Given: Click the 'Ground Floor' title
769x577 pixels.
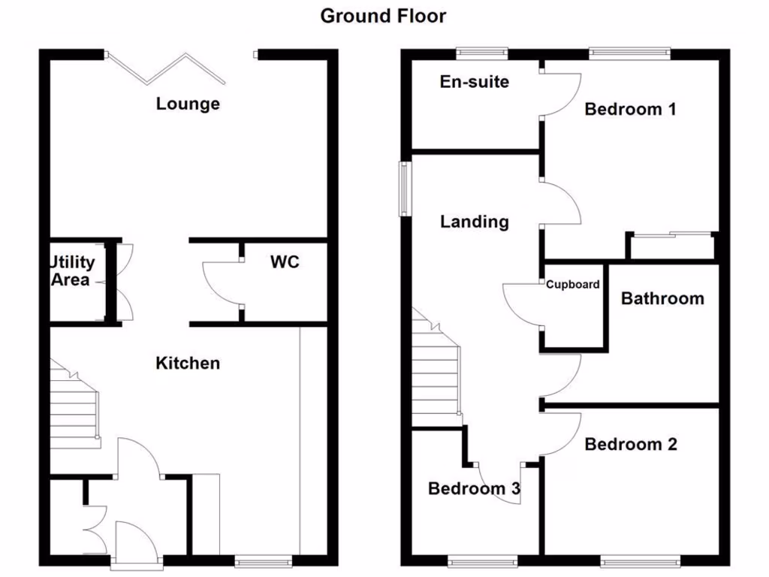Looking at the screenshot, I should [x=383, y=16].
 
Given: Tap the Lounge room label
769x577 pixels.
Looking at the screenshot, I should [x=188, y=104].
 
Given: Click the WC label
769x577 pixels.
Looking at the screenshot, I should [x=285, y=262].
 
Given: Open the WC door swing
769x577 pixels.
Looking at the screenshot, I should [x=222, y=282].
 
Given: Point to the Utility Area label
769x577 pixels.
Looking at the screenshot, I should [x=73, y=271].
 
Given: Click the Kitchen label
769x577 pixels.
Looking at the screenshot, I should [x=188, y=364].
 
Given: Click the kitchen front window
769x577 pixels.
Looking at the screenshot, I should [x=263, y=560].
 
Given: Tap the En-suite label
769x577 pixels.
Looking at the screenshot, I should [x=474, y=82].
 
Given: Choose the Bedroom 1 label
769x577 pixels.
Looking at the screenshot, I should [x=630, y=110].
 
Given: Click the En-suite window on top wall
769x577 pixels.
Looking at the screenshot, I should [x=482, y=53].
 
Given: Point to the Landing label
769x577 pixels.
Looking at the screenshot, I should [x=474, y=222].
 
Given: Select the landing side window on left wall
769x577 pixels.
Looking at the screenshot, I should [x=406, y=189].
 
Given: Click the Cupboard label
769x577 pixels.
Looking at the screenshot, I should [x=572, y=285].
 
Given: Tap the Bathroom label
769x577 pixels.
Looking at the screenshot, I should [x=662, y=299].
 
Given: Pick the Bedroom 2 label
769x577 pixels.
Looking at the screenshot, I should [x=630, y=445].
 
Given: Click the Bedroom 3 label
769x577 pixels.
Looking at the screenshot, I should [x=474, y=489].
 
